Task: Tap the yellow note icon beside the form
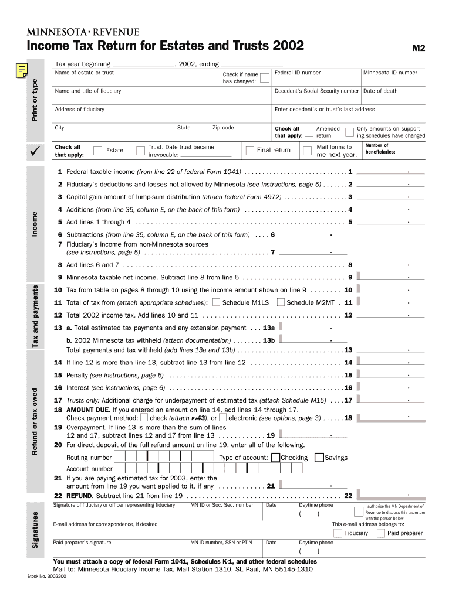21,71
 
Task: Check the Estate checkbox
98,151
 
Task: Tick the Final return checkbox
249,151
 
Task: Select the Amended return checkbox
308,132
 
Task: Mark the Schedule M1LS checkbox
217,302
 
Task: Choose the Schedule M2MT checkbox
281,302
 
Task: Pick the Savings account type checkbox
319,458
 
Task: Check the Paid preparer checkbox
381,533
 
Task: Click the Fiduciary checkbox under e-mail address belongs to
338,533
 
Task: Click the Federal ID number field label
298,73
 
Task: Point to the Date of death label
380,91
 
